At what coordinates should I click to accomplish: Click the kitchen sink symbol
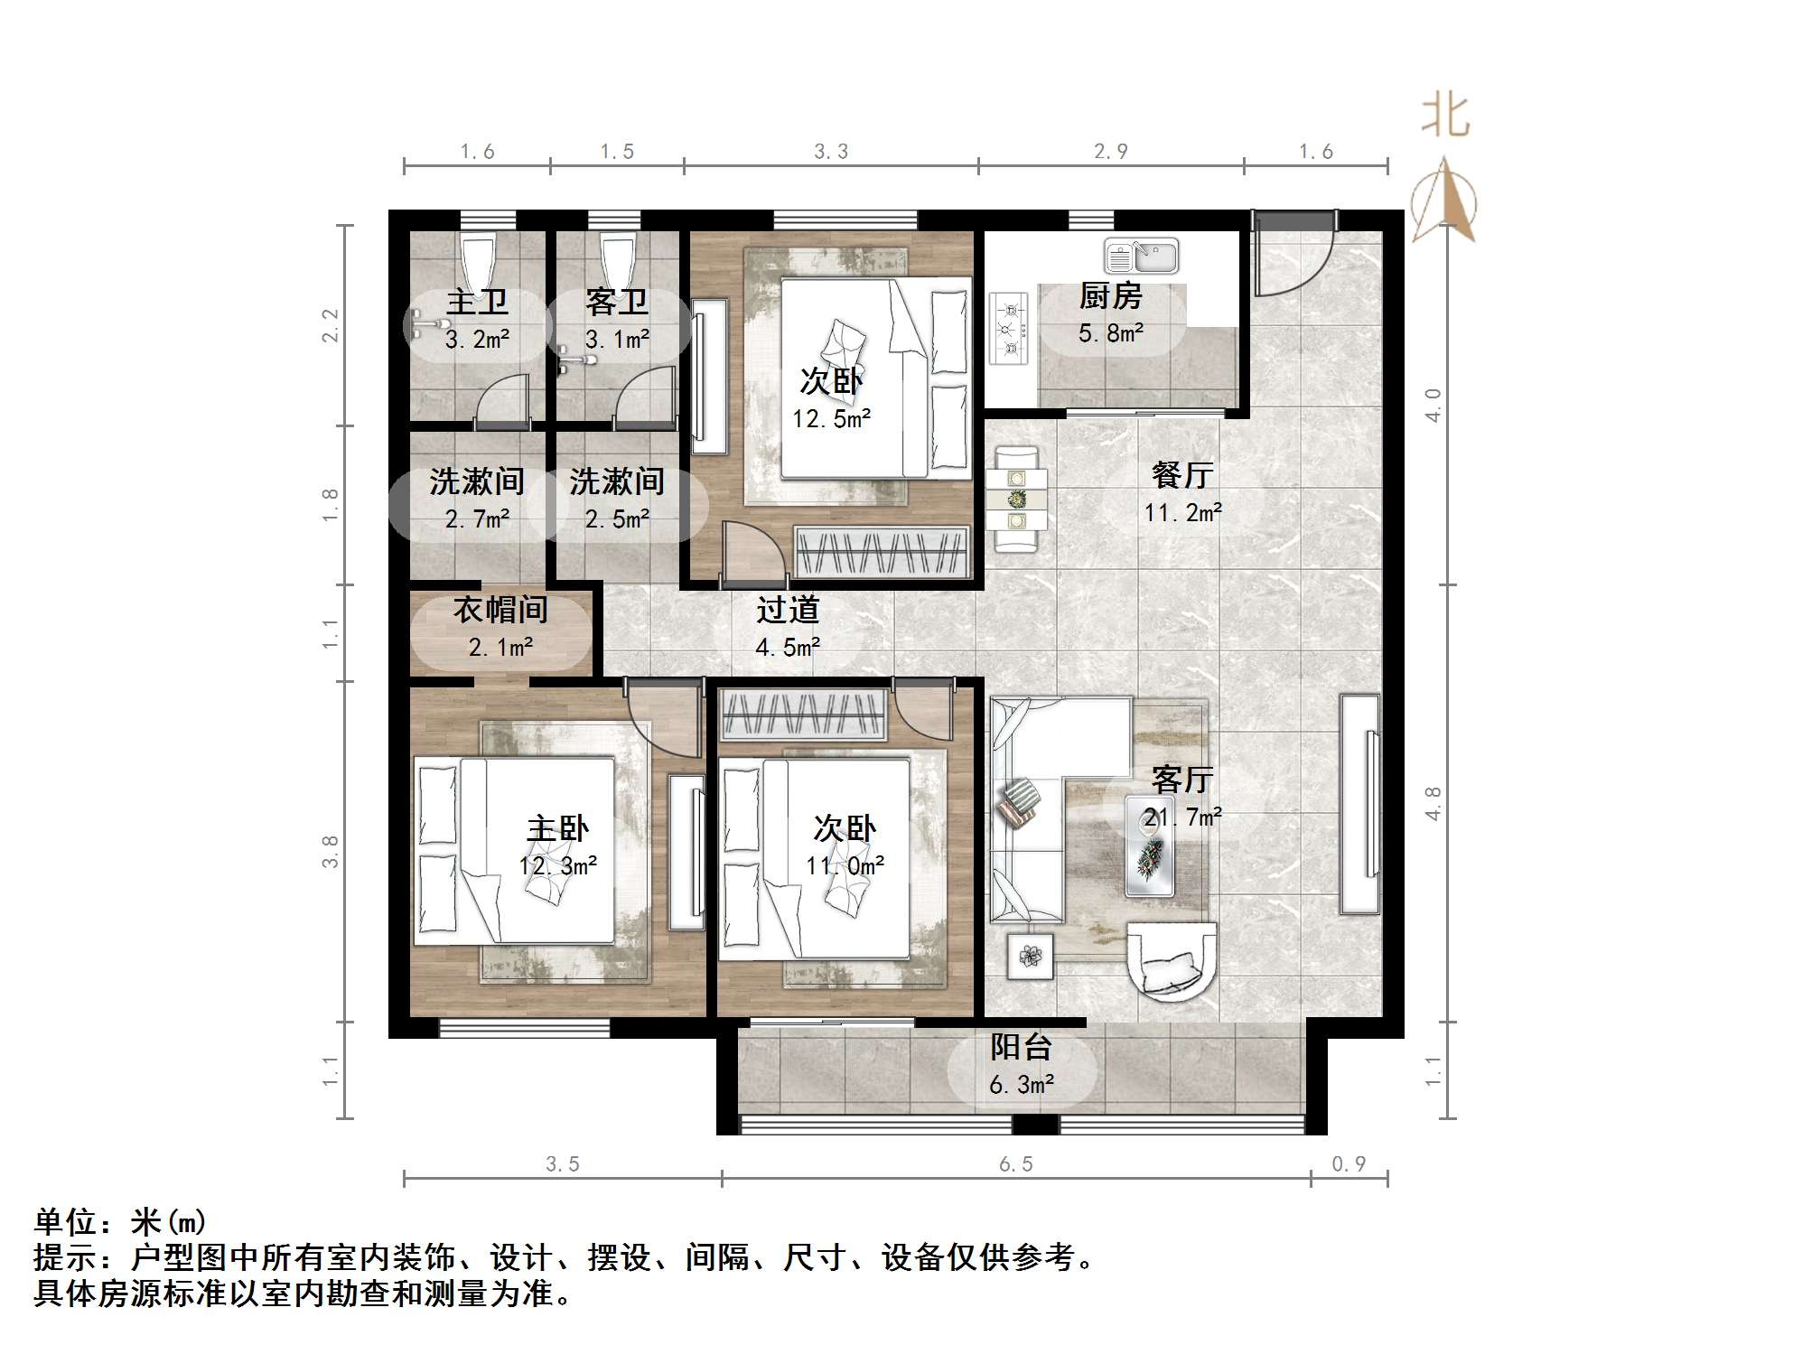click(1141, 257)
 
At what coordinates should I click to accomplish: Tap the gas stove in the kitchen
click(1009, 329)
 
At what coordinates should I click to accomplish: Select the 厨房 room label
click(1110, 296)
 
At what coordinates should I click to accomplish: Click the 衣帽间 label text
click(500, 611)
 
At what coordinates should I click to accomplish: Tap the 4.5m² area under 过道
click(788, 648)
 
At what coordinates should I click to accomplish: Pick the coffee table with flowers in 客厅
click(1150, 846)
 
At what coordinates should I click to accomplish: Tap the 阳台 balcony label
click(1021, 1048)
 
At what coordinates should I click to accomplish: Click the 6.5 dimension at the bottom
click(1015, 1164)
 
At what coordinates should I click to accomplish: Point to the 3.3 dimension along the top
click(830, 152)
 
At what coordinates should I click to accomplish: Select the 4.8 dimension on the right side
click(1433, 803)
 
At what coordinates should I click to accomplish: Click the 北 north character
click(1445, 117)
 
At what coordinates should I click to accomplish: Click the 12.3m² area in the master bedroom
click(557, 866)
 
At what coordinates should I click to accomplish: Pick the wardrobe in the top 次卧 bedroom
click(881, 551)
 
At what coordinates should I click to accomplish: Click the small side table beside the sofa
click(1030, 956)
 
